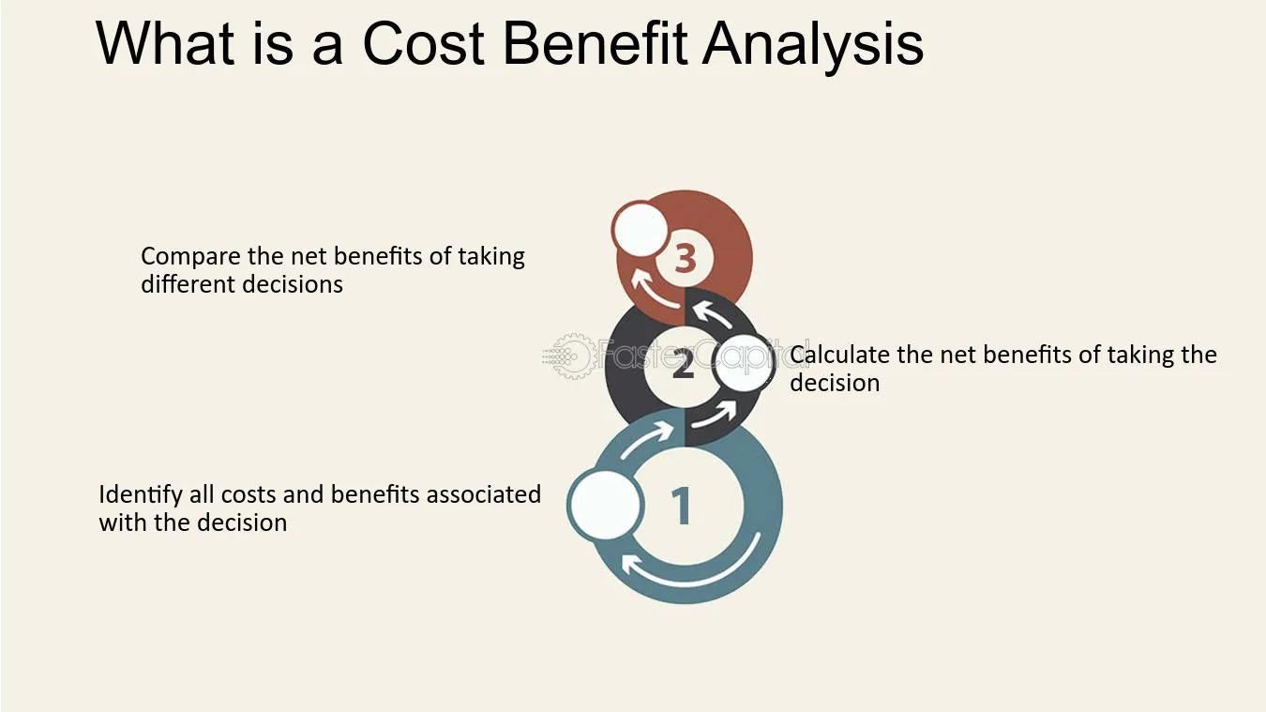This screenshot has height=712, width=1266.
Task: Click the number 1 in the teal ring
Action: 682,506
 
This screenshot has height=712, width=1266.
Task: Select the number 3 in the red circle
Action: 685,260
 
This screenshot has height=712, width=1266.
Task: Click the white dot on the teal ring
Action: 605,505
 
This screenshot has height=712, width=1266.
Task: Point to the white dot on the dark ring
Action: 743,362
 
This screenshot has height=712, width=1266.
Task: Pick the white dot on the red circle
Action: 640,229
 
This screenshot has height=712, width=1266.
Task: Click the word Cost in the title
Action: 423,44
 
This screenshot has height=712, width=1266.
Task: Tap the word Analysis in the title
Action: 813,46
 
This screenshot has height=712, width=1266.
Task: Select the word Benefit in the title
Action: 595,43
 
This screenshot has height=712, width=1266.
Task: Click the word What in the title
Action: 165,43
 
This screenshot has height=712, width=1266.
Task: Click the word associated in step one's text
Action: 484,495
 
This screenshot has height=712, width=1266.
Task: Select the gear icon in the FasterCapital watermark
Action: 572,356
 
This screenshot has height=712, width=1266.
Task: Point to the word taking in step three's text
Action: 491,257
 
